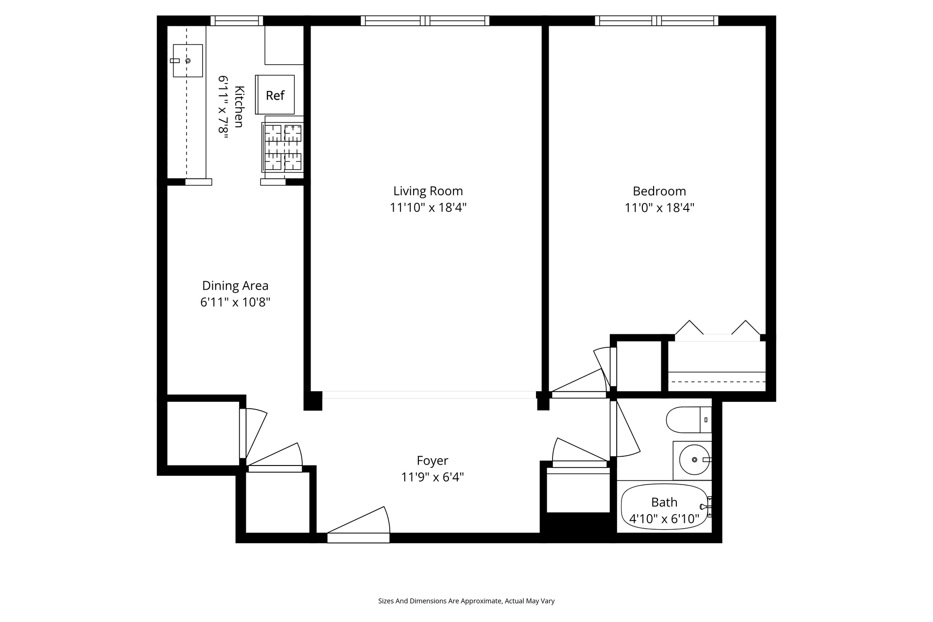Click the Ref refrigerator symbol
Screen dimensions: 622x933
275,95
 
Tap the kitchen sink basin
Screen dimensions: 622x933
188,61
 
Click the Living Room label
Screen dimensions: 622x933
428,191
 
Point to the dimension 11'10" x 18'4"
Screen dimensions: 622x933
428,208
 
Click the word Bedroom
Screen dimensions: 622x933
659,191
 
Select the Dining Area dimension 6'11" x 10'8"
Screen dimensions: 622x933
235,302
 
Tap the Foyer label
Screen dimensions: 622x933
432,460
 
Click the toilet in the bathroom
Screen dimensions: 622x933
688,419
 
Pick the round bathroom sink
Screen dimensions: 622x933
694,460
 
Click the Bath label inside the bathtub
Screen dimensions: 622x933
664,502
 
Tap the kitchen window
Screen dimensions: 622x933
237,20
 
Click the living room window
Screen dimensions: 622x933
425,20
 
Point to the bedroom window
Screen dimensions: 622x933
657,20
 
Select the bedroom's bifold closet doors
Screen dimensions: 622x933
717,329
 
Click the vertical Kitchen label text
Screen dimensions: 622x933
239,106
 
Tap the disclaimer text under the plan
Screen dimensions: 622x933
466,601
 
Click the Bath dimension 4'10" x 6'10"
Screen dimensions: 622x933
664,519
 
